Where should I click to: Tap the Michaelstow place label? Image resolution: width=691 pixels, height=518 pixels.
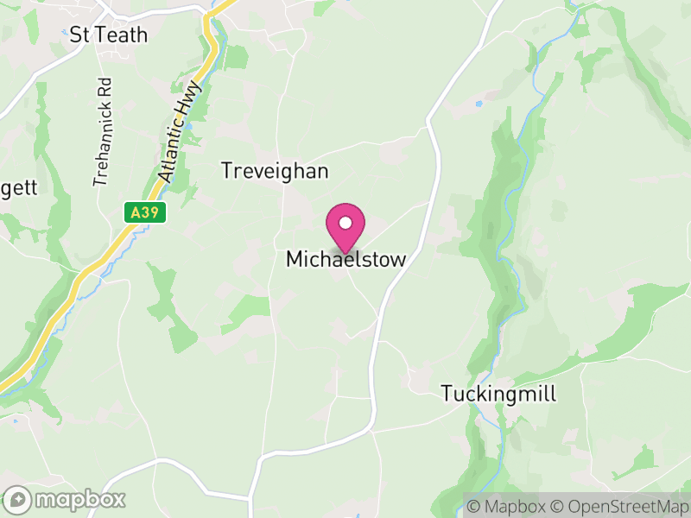coord(345,259)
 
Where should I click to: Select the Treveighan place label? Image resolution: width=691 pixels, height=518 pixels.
coord(275,171)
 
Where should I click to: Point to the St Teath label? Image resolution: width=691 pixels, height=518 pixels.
coord(109,35)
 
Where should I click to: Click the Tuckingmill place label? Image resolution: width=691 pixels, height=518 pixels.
coord(498,394)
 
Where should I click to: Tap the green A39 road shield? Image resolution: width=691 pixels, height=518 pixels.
coord(143,212)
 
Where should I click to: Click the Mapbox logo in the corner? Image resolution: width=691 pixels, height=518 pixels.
coord(66,499)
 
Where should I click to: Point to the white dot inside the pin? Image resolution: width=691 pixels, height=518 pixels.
coord(345,224)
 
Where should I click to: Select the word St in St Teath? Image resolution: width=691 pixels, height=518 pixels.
coord(79,35)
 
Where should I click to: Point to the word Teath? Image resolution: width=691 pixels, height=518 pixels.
coord(121,35)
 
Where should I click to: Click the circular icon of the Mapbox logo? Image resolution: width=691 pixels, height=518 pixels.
coord(17,500)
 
